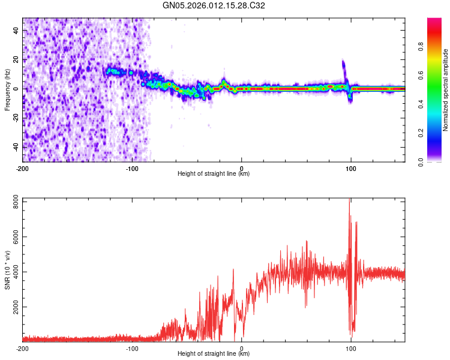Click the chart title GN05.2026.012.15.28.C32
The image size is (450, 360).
[x=214, y=5]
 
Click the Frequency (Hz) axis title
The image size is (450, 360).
[x=7, y=89]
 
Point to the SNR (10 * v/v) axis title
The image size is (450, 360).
[x=7, y=268]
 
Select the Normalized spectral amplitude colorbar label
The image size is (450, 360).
[x=446, y=90]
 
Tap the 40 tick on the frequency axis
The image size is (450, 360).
[x=15, y=30]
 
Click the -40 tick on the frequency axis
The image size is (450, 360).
[x=14, y=146]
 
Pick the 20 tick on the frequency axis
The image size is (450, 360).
[x=15, y=59]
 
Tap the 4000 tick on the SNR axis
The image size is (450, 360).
[x=12, y=272]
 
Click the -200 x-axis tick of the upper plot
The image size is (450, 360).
[x=22, y=168]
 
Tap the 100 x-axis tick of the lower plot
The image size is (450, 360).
[x=351, y=348]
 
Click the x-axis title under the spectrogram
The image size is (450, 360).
[x=214, y=174]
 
